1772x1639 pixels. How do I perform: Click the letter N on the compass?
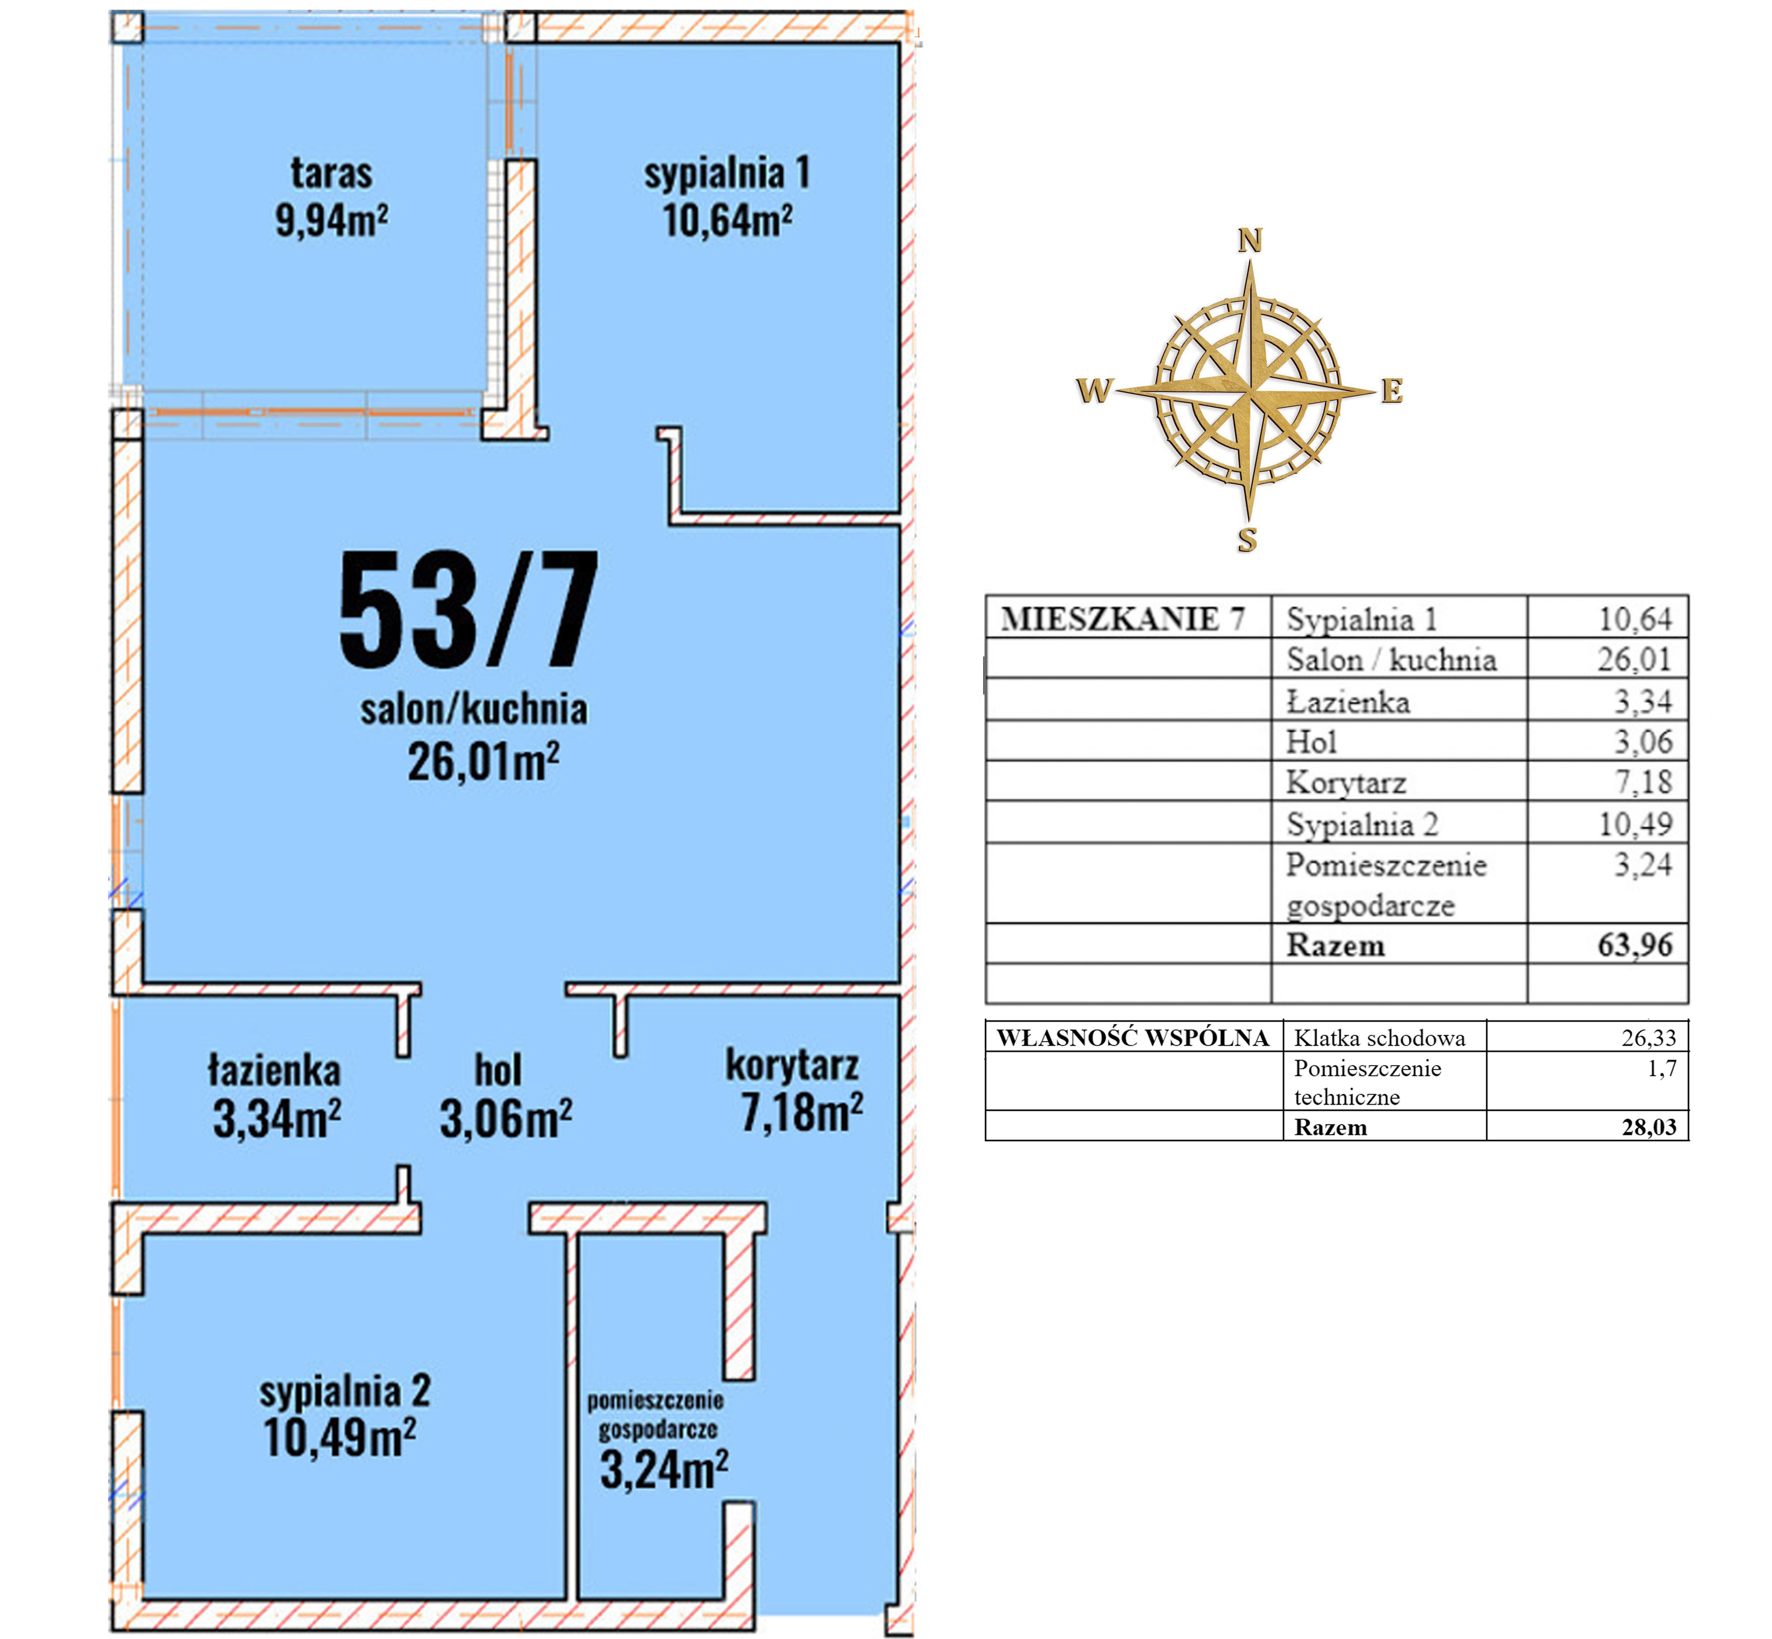(1250, 241)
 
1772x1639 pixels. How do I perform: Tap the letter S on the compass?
(1247, 539)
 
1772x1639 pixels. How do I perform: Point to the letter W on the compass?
(1094, 390)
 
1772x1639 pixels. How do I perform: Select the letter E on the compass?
(1391, 391)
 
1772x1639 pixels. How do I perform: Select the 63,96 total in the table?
(1635, 945)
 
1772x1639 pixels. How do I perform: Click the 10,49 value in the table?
(1635, 824)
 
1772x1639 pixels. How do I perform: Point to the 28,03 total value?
(1649, 1127)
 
